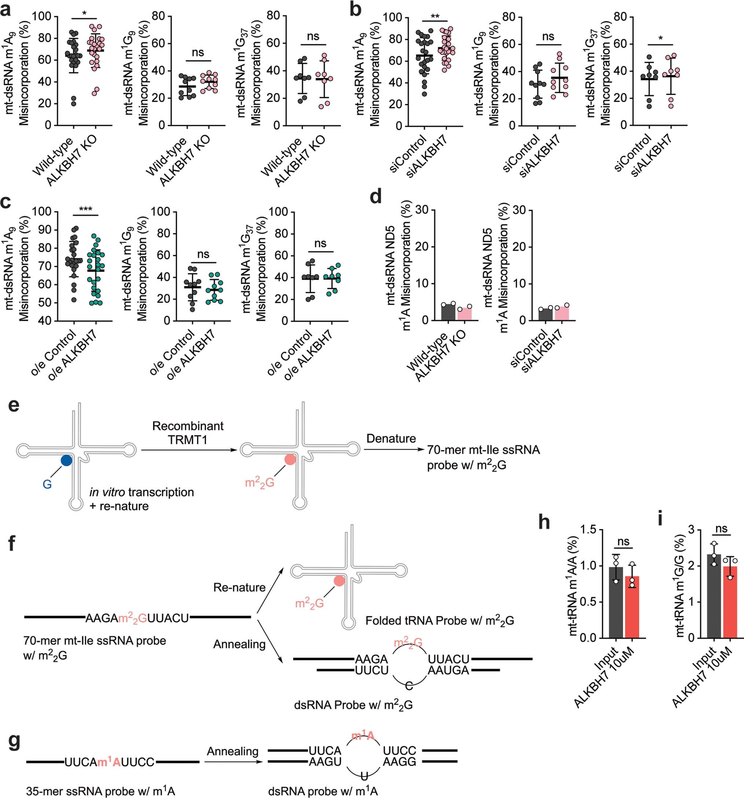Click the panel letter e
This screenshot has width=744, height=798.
tap(14, 406)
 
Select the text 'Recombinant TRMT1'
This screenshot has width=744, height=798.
tap(188, 433)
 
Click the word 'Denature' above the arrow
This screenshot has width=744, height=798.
tap(391, 438)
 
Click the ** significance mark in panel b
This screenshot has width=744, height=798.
tap(435, 17)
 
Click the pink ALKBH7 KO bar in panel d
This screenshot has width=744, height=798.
tap(464, 313)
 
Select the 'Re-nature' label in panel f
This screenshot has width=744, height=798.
tap(239, 588)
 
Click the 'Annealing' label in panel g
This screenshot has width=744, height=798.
tap(232, 751)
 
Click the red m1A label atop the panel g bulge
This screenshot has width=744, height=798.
tap(363, 736)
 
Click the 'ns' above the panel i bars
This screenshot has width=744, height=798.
tap(721, 529)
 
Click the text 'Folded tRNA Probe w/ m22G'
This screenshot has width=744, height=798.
tap(440, 621)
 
